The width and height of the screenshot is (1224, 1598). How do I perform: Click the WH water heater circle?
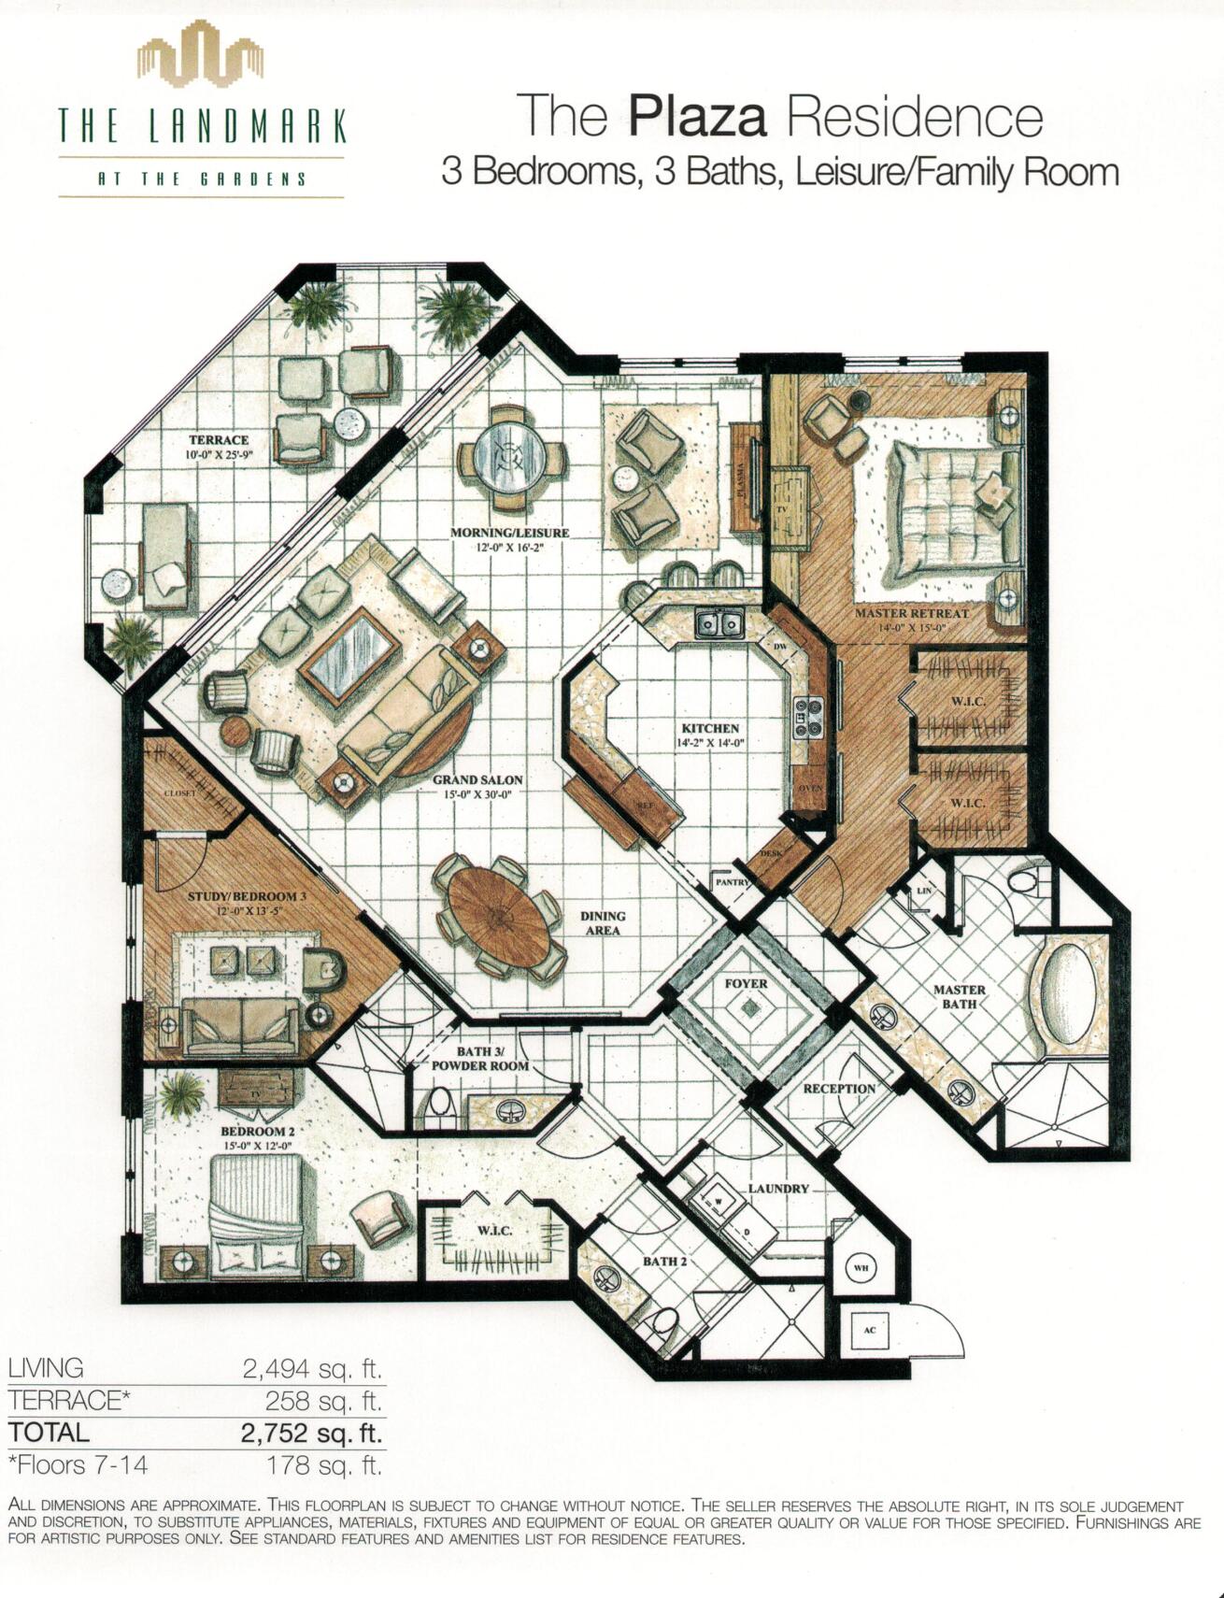tap(861, 1268)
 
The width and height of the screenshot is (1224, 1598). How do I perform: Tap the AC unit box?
tap(869, 1329)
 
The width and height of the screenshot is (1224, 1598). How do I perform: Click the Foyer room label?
tap(746, 983)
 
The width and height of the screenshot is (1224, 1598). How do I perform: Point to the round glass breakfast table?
tap(512, 458)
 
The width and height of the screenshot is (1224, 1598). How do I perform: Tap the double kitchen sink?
tap(719, 622)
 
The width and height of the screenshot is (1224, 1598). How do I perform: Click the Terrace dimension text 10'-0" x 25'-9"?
tap(220, 456)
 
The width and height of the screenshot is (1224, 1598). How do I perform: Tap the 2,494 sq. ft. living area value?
tap(313, 1369)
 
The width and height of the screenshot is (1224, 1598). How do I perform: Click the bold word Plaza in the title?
tap(698, 119)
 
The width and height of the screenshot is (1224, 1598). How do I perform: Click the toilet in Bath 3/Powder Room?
tap(439, 1105)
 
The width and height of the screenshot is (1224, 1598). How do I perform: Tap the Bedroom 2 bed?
tap(254, 1215)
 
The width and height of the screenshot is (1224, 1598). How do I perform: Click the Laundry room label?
tap(778, 1189)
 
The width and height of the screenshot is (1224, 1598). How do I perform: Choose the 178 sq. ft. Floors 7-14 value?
tap(324, 1464)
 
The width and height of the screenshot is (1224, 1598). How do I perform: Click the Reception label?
tap(839, 1089)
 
